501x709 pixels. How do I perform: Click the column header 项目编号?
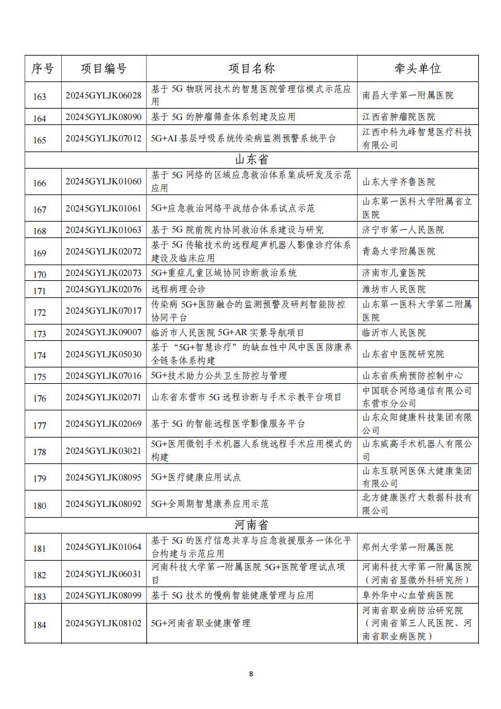(x=103, y=69)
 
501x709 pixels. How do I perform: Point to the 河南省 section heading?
(x=251, y=525)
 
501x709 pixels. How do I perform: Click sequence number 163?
(x=40, y=96)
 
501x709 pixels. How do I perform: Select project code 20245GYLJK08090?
(x=103, y=117)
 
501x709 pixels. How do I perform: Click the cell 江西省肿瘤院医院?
(x=398, y=117)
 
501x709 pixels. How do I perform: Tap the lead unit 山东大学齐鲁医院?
(x=398, y=182)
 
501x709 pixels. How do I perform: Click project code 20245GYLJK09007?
(x=103, y=333)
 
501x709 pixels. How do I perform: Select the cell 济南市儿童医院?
(x=394, y=273)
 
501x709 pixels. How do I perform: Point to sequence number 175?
(x=40, y=376)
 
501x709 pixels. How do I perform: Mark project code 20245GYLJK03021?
(x=103, y=451)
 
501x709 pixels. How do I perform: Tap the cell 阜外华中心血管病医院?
(x=408, y=595)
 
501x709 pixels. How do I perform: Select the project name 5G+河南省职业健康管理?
(x=201, y=623)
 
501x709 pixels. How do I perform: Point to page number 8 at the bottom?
(x=250, y=674)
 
